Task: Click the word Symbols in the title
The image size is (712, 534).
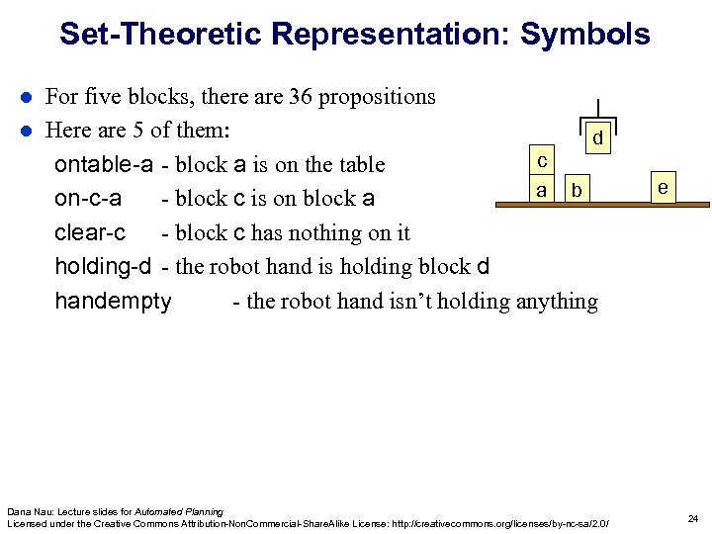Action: pyautogui.click(x=584, y=35)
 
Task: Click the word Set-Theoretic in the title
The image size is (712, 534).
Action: pyautogui.click(x=160, y=35)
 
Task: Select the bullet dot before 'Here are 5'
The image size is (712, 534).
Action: pyautogui.click(x=28, y=131)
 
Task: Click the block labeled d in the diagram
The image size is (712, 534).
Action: pyautogui.click(x=597, y=139)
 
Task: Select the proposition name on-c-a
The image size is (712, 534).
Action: pyautogui.click(x=88, y=198)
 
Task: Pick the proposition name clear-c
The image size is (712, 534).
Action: pyautogui.click(x=90, y=232)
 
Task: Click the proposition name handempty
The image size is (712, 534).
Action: pyautogui.click(x=113, y=302)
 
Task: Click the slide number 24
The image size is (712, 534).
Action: pyautogui.click(x=692, y=519)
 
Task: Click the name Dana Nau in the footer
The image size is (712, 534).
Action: pyautogui.click(x=28, y=511)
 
